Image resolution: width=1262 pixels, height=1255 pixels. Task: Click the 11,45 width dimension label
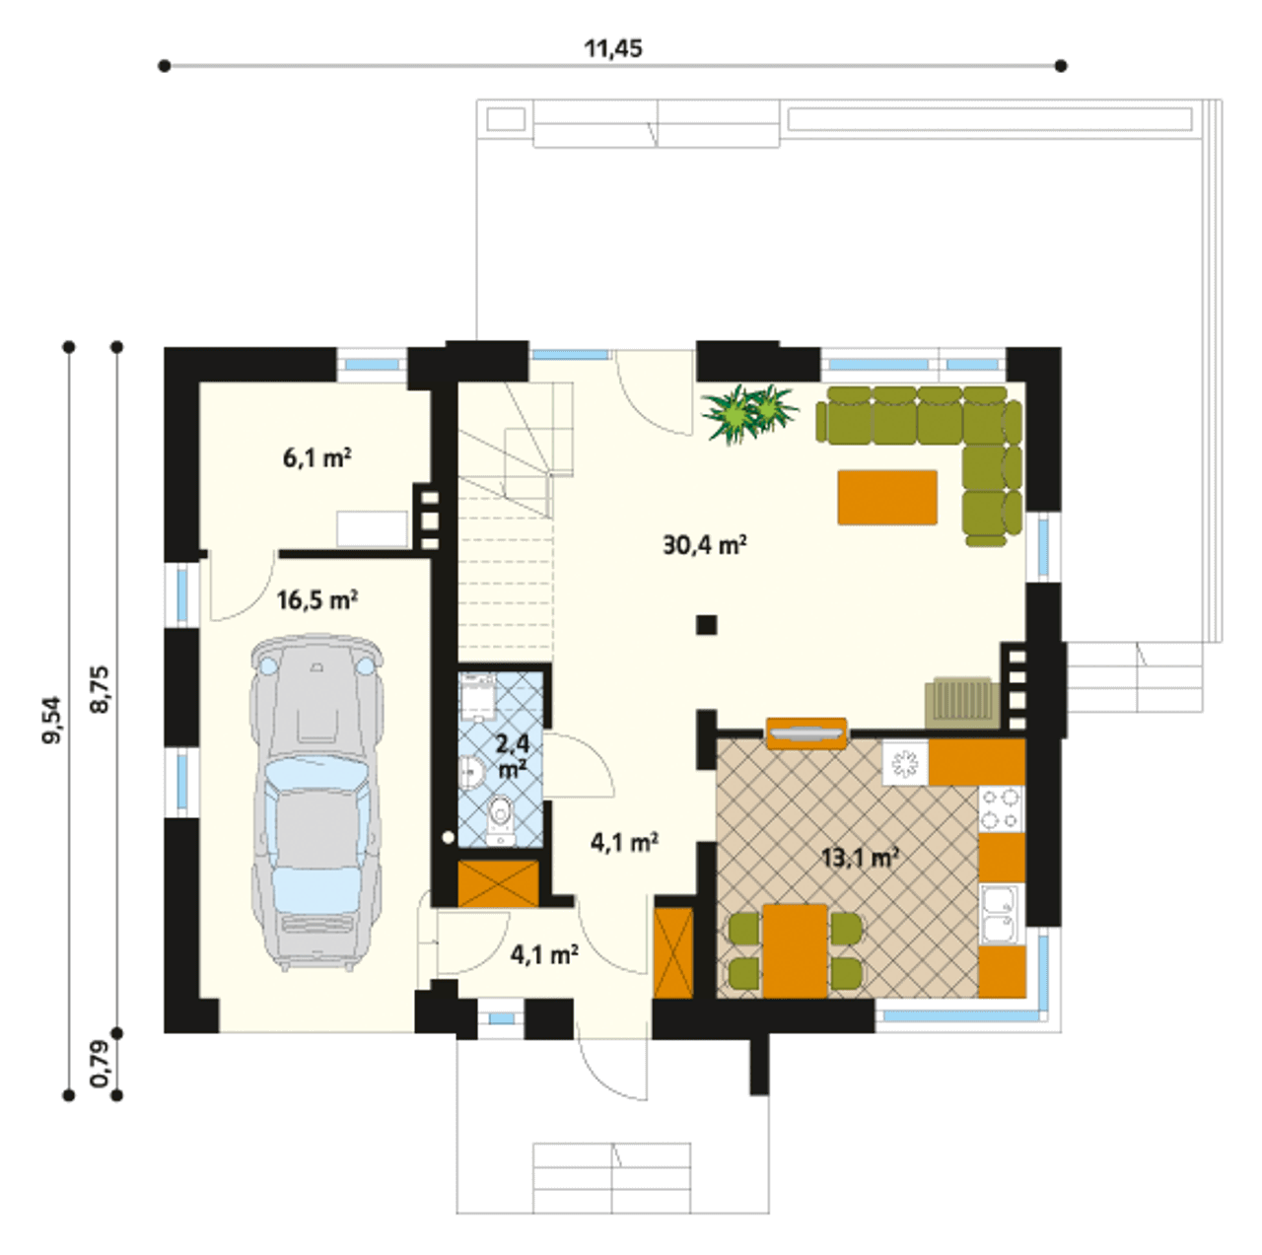(x=613, y=48)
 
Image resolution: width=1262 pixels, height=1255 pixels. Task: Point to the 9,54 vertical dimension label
(x=51, y=719)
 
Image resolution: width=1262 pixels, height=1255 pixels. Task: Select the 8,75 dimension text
(x=101, y=689)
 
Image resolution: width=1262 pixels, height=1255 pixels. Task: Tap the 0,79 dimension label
(x=101, y=1064)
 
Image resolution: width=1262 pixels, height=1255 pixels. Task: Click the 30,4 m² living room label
(x=705, y=544)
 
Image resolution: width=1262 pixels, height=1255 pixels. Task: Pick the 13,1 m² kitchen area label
(x=859, y=856)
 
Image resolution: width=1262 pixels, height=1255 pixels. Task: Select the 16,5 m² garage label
(x=316, y=599)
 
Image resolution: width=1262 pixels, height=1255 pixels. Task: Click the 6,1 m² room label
(x=316, y=457)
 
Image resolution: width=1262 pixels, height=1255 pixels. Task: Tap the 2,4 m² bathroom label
(x=513, y=756)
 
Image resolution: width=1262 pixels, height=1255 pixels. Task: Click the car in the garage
(x=316, y=802)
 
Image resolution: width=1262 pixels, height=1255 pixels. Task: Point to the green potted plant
(x=750, y=413)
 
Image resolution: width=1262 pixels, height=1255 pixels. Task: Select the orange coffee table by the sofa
(x=887, y=497)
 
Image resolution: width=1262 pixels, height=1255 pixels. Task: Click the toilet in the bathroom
(x=501, y=820)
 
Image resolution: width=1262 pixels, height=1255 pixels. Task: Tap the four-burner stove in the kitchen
(x=1002, y=809)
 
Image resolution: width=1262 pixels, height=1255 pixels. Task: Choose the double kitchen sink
(x=1002, y=914)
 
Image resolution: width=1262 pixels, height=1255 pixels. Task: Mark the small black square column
(x=706, y=625)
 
